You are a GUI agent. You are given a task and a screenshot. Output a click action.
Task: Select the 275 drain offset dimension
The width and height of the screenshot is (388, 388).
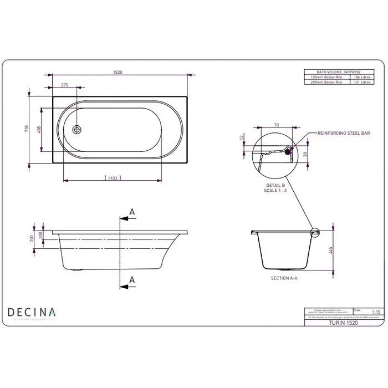tap(64, 85)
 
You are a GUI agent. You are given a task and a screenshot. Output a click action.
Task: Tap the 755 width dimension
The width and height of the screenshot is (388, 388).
tap(27, 128)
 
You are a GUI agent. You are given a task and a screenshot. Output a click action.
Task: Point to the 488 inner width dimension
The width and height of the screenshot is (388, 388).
tap(39, 129)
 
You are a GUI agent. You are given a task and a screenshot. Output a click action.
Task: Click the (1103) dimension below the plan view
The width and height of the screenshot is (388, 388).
tap(113, 177)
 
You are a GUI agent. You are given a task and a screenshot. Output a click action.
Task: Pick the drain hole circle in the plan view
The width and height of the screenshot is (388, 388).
tap(78, 130)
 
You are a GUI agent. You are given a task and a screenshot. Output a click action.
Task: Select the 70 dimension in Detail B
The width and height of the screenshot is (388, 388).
tap(276, 125)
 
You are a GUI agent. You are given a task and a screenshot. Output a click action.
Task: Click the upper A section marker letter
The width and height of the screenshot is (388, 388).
tap(131, 212)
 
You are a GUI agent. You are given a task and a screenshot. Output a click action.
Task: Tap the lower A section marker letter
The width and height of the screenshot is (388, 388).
tap(131, 279)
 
